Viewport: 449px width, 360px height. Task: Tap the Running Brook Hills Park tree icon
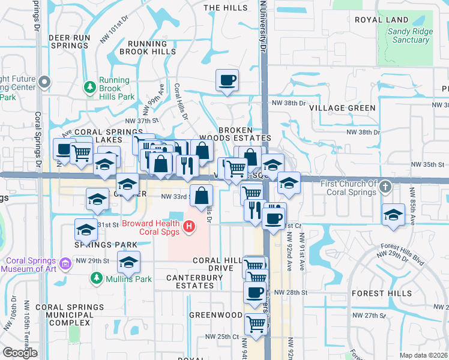pos(90,88)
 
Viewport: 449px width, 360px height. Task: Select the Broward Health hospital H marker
pos(189,226)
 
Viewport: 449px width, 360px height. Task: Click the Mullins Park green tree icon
pos(96,278)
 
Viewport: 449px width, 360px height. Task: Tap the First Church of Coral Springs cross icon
pos(387,187)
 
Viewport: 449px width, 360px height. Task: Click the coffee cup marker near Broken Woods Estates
pos(228,80)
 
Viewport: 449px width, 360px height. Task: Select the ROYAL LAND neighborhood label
pos(381,20)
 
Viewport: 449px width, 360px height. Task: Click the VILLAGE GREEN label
pos(342,108)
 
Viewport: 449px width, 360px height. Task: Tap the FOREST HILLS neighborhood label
pos(381,293)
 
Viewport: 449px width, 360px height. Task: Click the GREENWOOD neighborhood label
pos(215,314)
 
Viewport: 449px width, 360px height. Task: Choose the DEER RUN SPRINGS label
pos(69,41)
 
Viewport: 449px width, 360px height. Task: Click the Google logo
pos(20,353)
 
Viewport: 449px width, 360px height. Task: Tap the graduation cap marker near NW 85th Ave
pos(393,215)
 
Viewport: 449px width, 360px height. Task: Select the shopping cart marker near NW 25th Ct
pos(256,323)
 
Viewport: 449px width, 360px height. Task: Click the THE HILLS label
pos(225,8)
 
